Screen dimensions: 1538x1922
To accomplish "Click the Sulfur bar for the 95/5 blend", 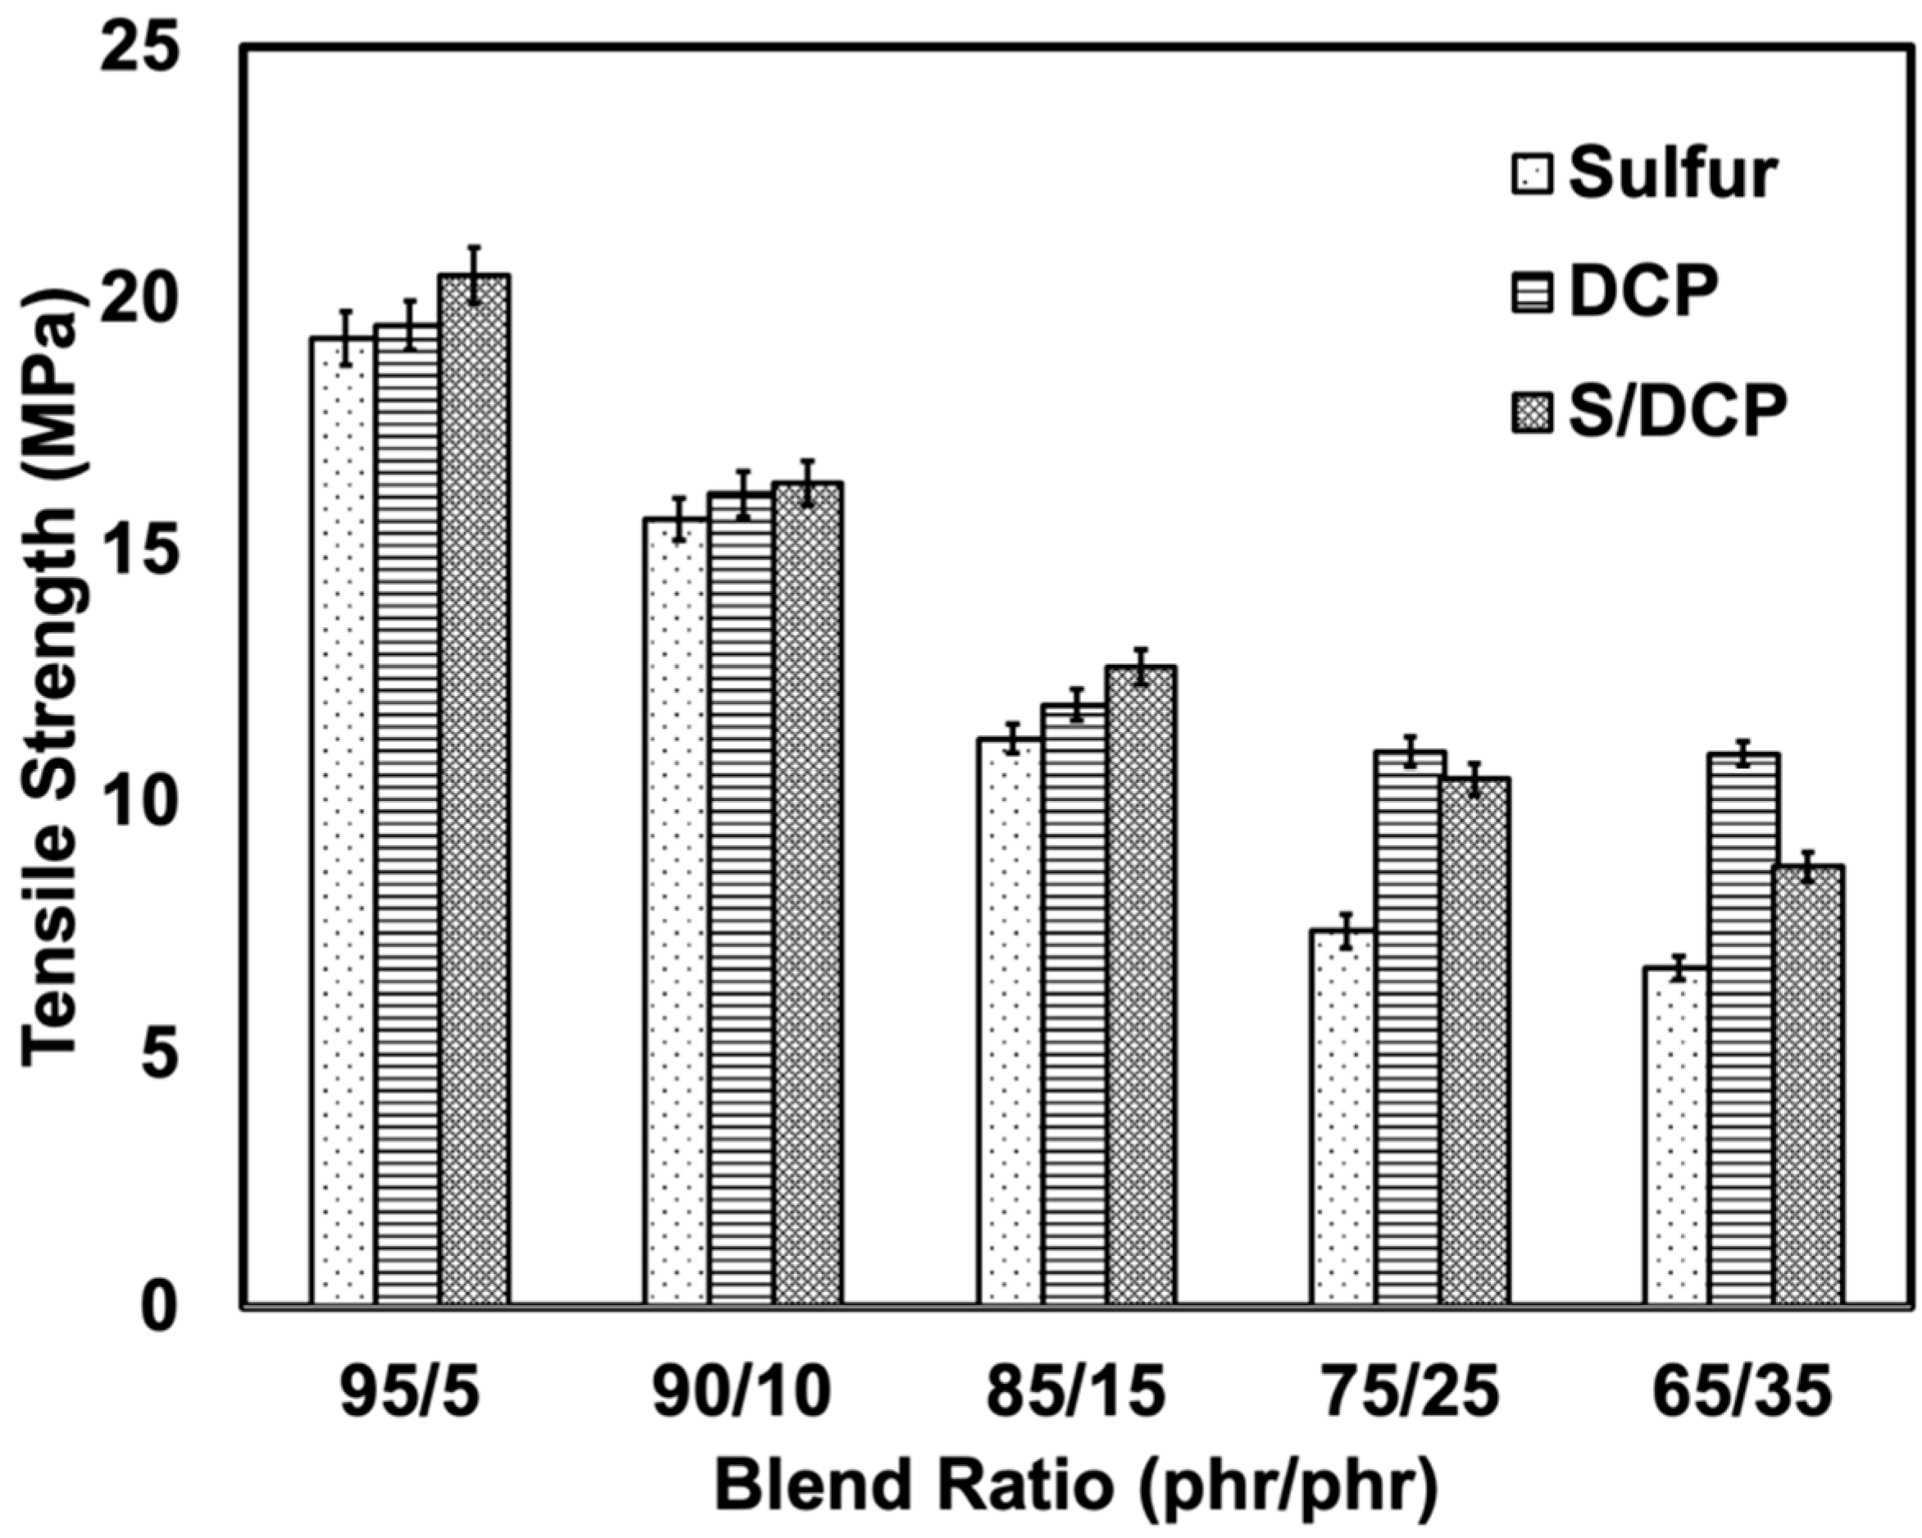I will [343, 821].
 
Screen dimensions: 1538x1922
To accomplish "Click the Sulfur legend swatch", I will [1533, 175].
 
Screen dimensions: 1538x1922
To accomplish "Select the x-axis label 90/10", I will [742, 1393].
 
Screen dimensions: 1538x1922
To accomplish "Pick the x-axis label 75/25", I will [1411, 1393].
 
